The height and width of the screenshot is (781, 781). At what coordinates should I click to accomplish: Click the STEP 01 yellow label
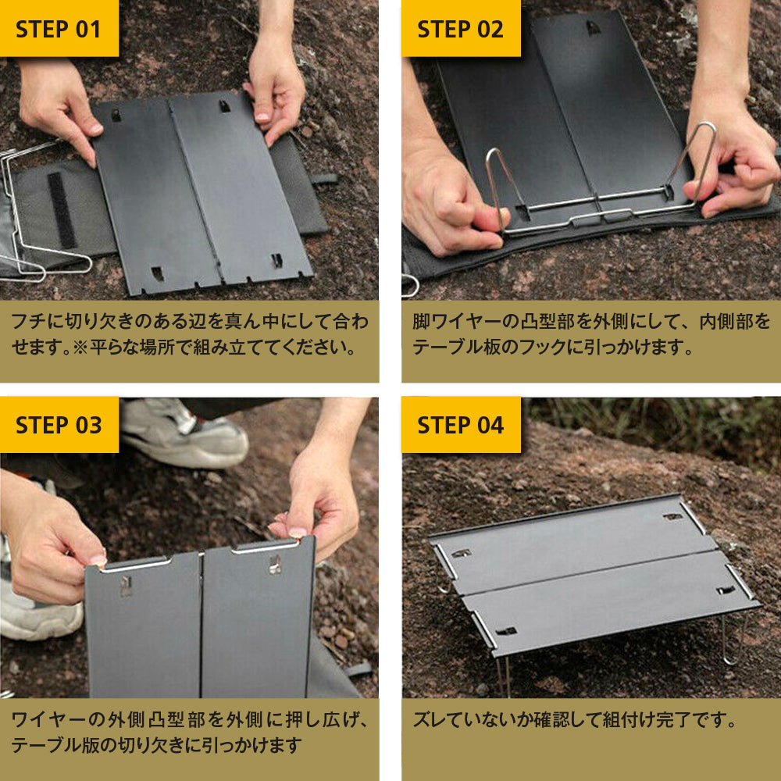(59, 28)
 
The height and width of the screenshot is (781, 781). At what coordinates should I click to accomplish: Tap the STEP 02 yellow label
(461, 28)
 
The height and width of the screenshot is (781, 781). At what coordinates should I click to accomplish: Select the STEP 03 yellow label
(59, 425)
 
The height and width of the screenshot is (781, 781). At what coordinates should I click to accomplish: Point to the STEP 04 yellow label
(461, 425)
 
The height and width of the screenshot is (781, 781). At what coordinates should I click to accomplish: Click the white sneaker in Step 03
(184, 433)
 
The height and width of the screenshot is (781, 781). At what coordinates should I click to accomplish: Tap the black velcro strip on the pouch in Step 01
(62, 209)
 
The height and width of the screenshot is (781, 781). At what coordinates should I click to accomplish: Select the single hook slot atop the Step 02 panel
(593, 27)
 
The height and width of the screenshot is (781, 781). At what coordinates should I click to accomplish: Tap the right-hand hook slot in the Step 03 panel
(275, 565)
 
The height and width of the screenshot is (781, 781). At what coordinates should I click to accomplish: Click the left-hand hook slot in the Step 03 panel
(126, 585)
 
